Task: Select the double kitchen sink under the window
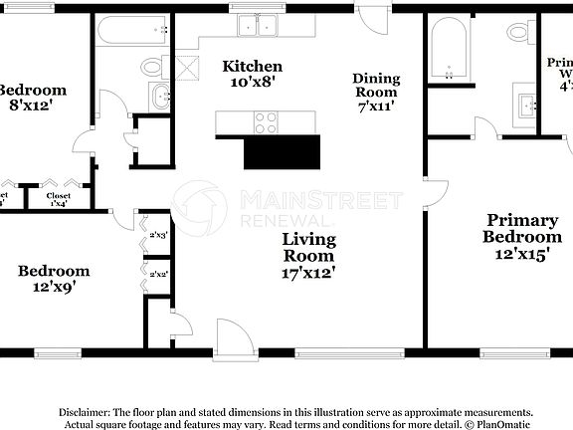[x=259, y=25]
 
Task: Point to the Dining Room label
[x=376, y=85]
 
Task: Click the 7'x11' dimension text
[x=376, y=106]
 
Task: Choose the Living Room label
[x=308, y=247]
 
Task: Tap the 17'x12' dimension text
[x=308, y=271]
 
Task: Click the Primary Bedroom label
[x=521, y=228]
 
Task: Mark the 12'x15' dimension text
[x=521, y=253]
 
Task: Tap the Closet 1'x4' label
[x=66, y=199]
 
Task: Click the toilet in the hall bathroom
[x=152, y=67]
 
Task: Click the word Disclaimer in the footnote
[x=85, y=412]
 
